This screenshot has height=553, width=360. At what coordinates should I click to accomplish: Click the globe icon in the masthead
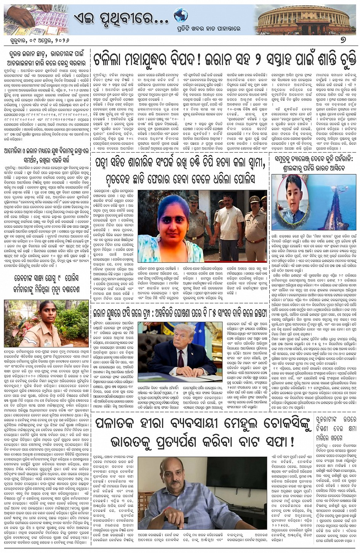(181, 16)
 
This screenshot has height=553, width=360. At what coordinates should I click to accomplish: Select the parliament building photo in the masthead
(304, 19)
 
